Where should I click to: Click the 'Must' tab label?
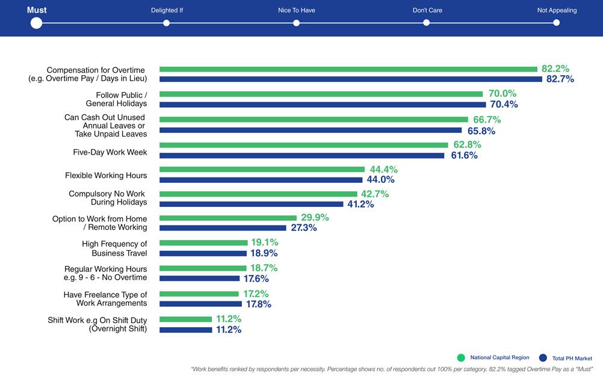37,10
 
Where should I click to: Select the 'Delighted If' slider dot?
166,23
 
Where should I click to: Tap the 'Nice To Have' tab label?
296,10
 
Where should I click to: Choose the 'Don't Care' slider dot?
426,23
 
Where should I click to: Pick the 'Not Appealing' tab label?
557,10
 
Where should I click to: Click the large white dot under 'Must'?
36,23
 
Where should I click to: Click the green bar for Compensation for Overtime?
348,69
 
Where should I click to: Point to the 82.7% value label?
560,79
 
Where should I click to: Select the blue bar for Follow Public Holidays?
322,105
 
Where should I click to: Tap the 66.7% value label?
486,120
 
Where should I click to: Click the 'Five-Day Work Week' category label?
110,152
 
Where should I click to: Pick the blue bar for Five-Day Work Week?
301,156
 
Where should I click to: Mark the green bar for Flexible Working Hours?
262,170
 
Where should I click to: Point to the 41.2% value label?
360,205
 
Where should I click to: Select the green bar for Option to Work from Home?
228,218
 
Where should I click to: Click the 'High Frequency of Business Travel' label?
114,248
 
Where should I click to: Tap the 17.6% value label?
256,279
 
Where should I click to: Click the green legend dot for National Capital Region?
461,357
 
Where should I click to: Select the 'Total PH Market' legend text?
572,358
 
